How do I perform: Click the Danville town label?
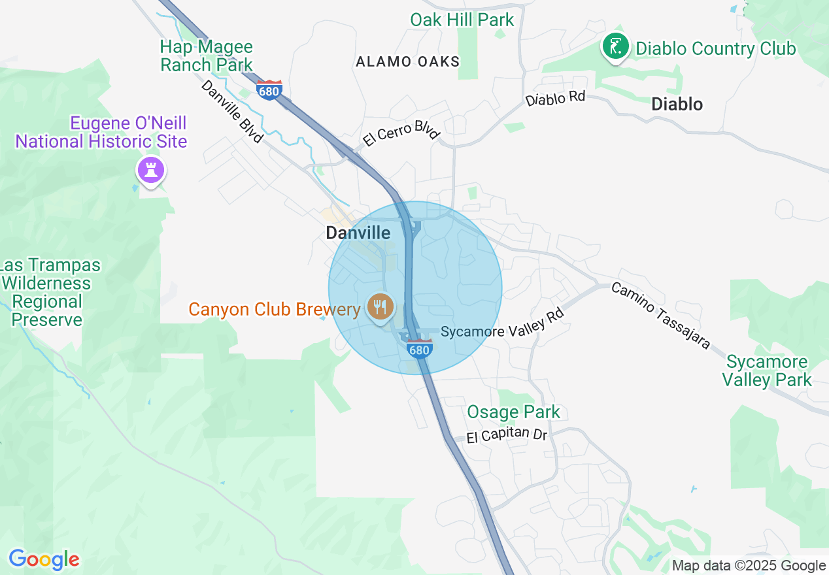point(358,233)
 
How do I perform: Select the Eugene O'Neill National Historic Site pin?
point(151,171)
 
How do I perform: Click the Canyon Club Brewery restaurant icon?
point(379,306)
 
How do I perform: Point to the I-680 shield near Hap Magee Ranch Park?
point(269,90)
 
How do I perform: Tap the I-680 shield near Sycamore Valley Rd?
point(418,348)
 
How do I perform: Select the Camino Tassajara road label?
point(660,316)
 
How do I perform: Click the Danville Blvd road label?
point(232,111)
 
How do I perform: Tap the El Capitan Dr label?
point(507,435)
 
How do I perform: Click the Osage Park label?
point(514,412)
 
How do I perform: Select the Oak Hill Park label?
point(462,20)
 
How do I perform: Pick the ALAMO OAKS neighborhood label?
point(408,62)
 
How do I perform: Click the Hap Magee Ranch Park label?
point(207,56)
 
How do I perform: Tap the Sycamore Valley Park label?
point(767,370)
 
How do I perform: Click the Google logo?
point(44,559)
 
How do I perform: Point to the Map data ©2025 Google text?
point(749,566)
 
